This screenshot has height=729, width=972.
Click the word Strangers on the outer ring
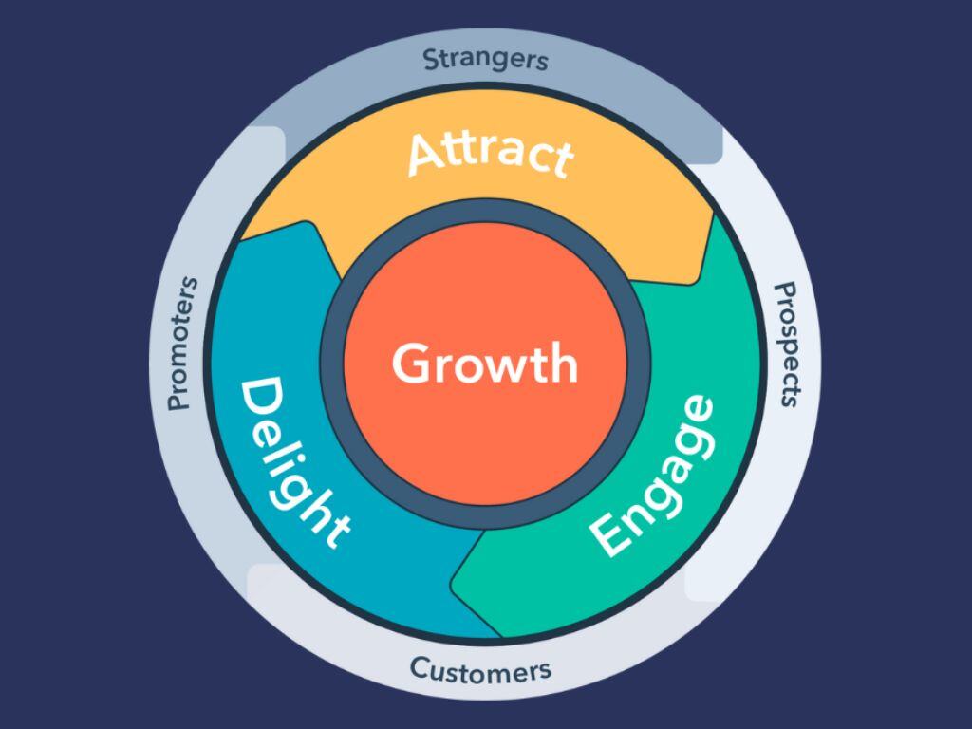[x=485, y=60]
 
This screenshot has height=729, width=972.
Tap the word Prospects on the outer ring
[x=787, y=345]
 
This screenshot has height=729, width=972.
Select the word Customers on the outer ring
[x=480, y=670]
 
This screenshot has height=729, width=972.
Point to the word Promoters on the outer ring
[x=183, y=344]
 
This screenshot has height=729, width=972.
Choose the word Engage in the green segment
[x=652, y=477]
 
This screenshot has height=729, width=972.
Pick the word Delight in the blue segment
[x=294, y=463]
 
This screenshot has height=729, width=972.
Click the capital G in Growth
[x=411, y=364]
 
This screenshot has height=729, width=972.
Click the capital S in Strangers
[x=432, y=60]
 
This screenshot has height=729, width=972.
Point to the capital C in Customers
[x=420, y=668]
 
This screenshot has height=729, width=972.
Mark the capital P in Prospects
[x=787, y=291]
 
